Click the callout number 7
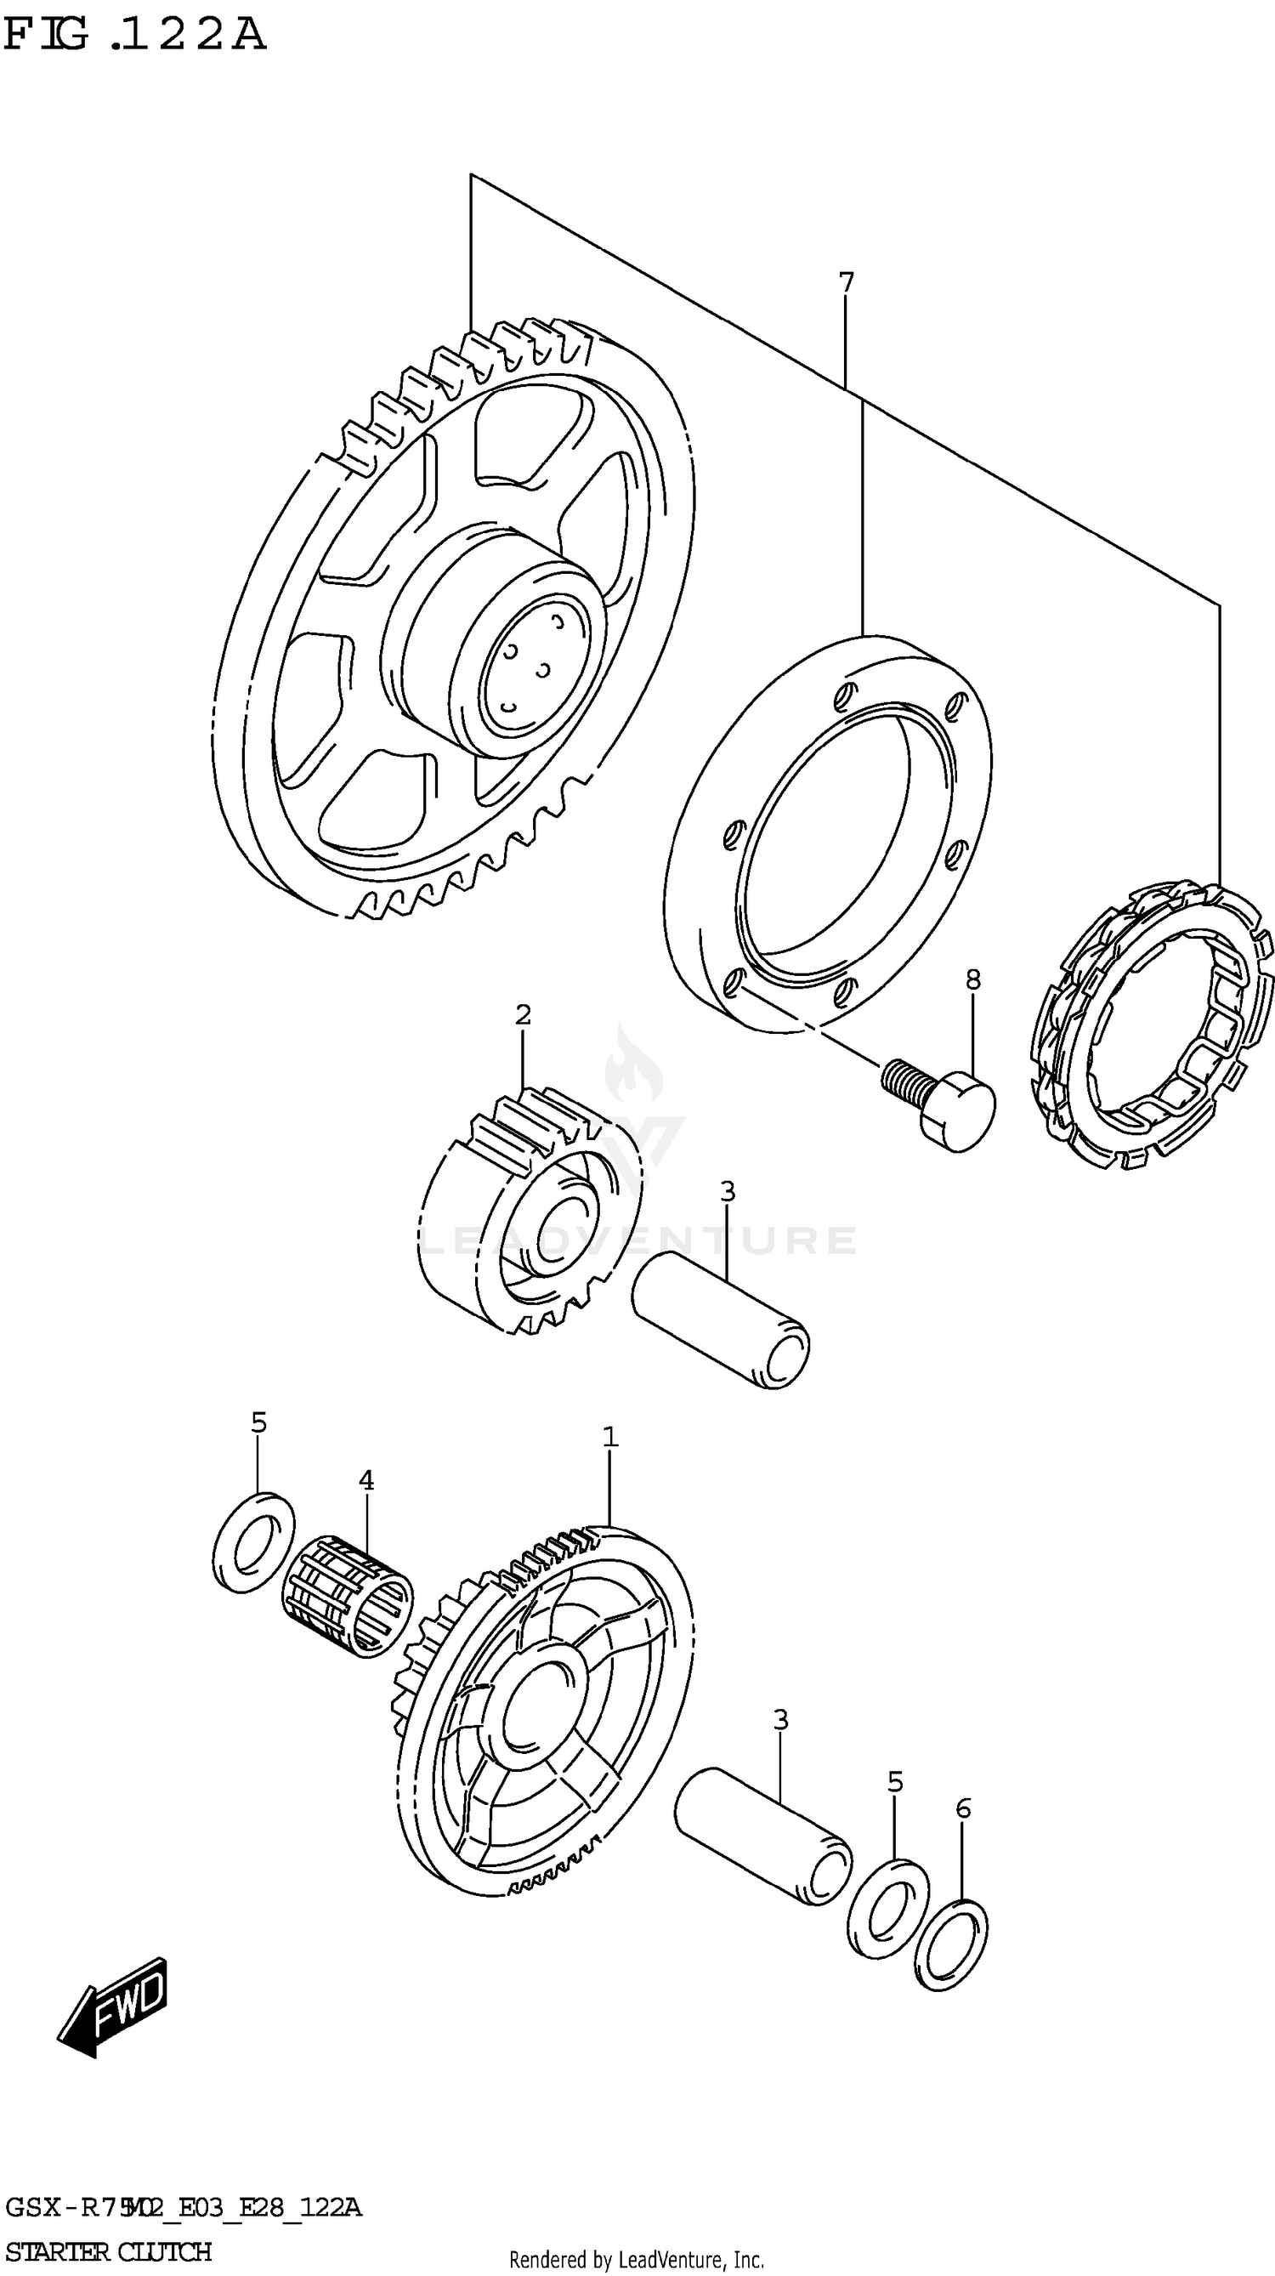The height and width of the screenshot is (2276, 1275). (x=846, y=283)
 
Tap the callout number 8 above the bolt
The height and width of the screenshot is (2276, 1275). (x=972, y=979)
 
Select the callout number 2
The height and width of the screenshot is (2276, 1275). (x=522, y=1015)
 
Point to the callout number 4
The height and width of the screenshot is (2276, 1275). (x=365, y=1480)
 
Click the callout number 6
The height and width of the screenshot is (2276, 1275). (x=962, y=1808)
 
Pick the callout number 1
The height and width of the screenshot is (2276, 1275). (x=609, y=1438)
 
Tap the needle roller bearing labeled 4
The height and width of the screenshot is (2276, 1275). (x=348, y=1594)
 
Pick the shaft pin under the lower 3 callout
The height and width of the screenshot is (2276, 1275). (x=763, y=1834)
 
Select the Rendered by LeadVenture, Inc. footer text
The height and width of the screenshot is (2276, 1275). (x=636, y=2260)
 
